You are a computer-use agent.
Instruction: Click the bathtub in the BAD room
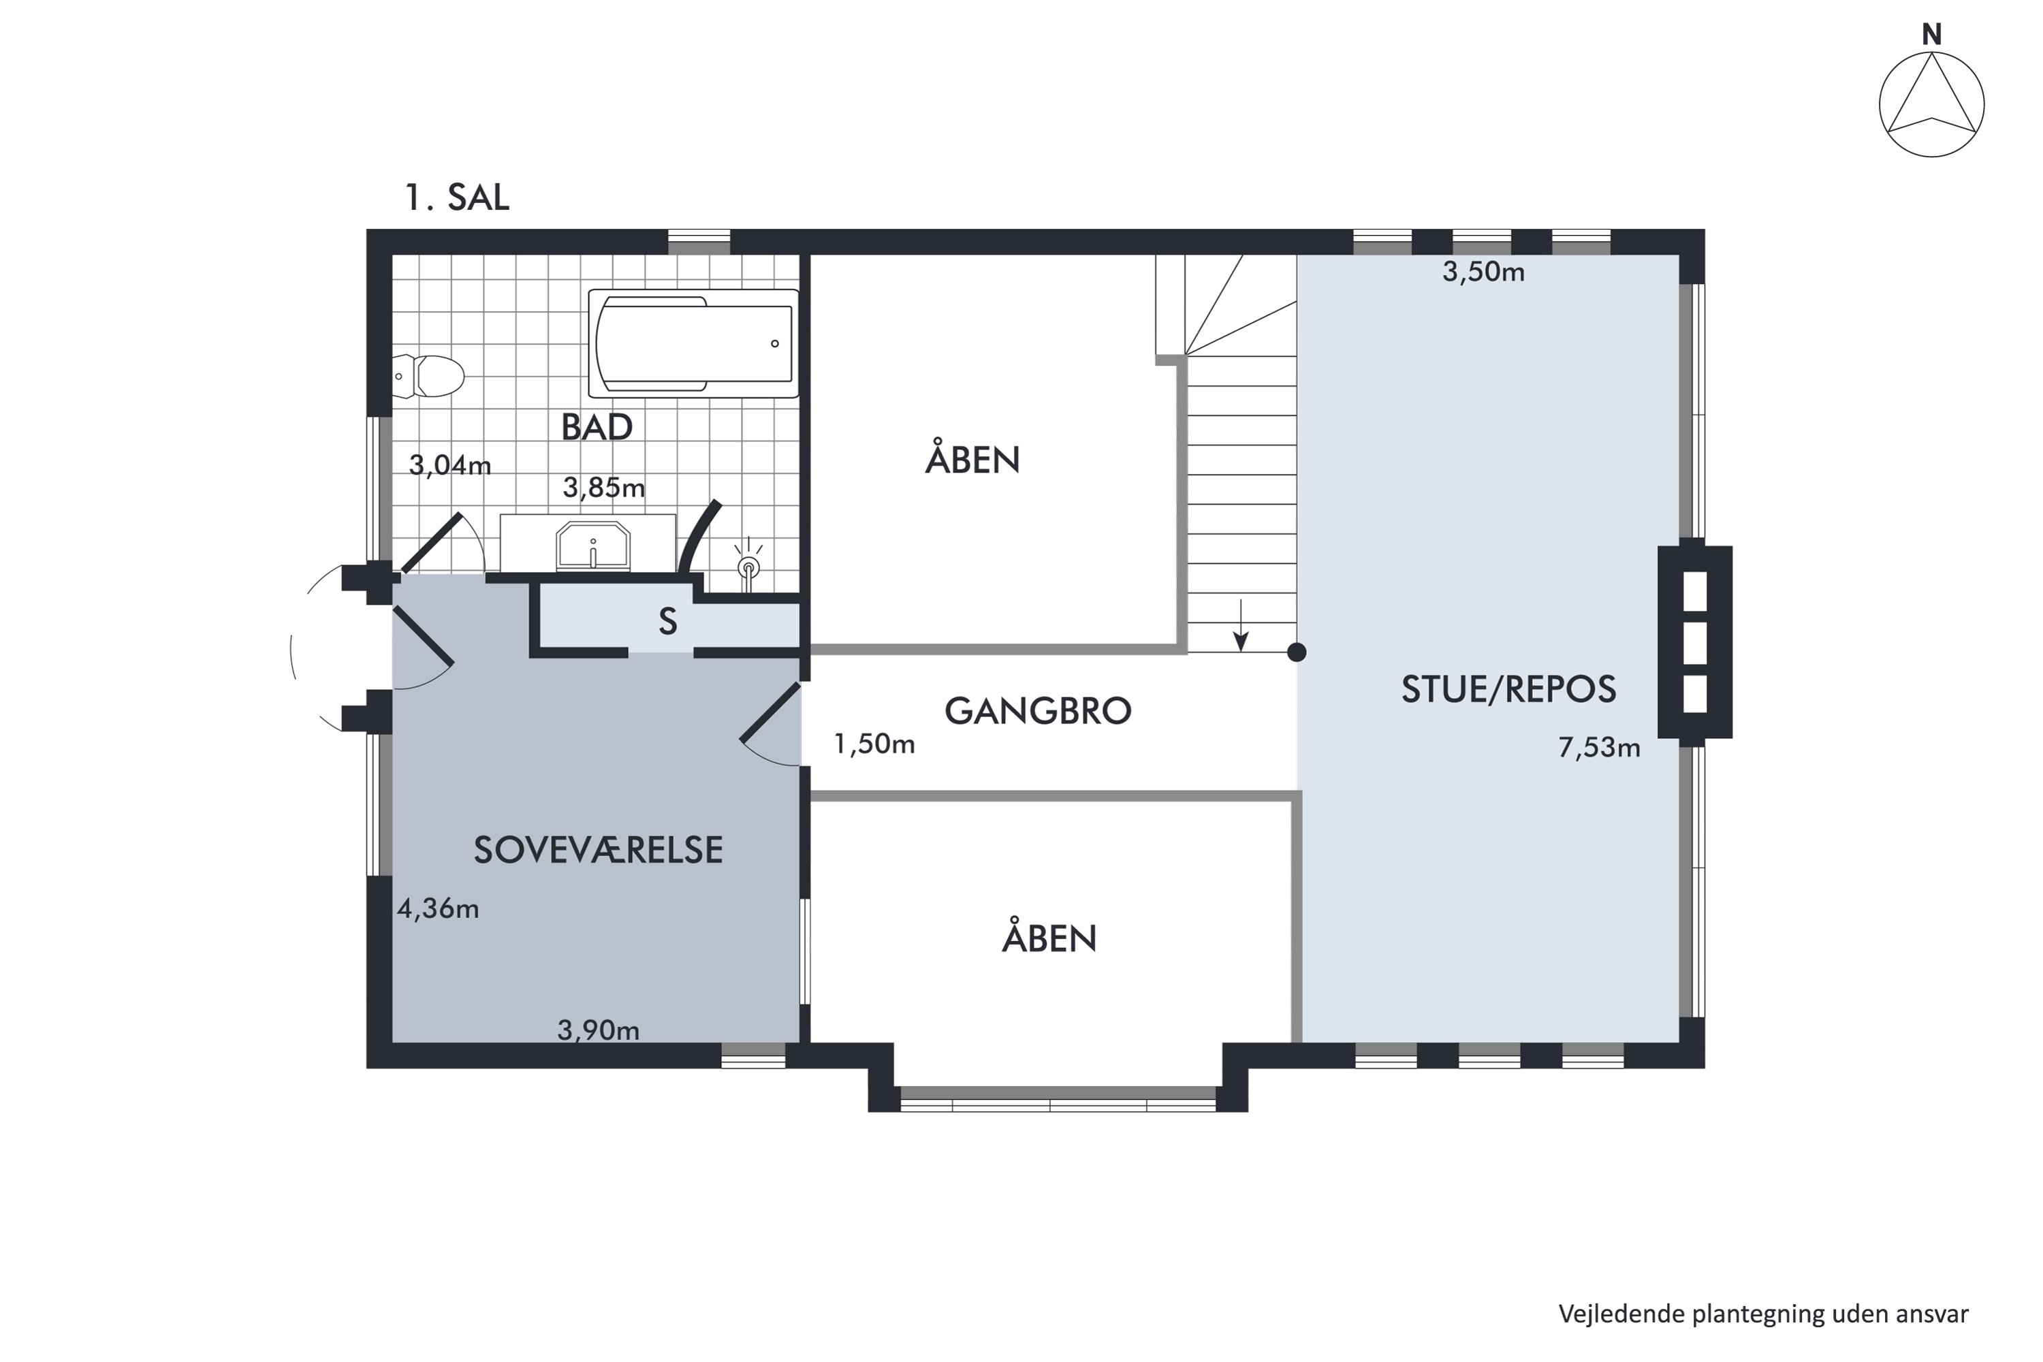(x=693, y=343)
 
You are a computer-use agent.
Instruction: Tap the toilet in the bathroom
(x=428, y=376)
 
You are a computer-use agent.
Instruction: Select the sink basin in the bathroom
(x=593, y=545)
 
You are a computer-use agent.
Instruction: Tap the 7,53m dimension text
(x=1599, y=747)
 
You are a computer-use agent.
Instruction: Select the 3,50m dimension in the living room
(x=1484, y=272)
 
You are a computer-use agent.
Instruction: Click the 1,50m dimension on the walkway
(x=874, y=744)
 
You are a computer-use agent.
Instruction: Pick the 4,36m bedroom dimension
(x=438, y=908)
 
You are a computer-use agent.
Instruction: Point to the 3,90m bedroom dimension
(x=599, y=1030)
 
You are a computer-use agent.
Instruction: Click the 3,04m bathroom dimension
(x=450, y=466)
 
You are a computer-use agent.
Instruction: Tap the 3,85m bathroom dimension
(x=603, y=488)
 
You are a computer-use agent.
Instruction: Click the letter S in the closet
(x=667, y=622)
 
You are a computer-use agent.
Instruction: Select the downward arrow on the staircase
(x=1241, y=625)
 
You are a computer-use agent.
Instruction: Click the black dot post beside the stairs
(x=1296, y=652)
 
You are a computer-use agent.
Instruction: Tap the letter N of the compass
(x=1932, y=34)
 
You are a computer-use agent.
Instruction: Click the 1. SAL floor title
(x=457, y=198)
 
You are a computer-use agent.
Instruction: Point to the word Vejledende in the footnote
(x=1621, y=1314)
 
